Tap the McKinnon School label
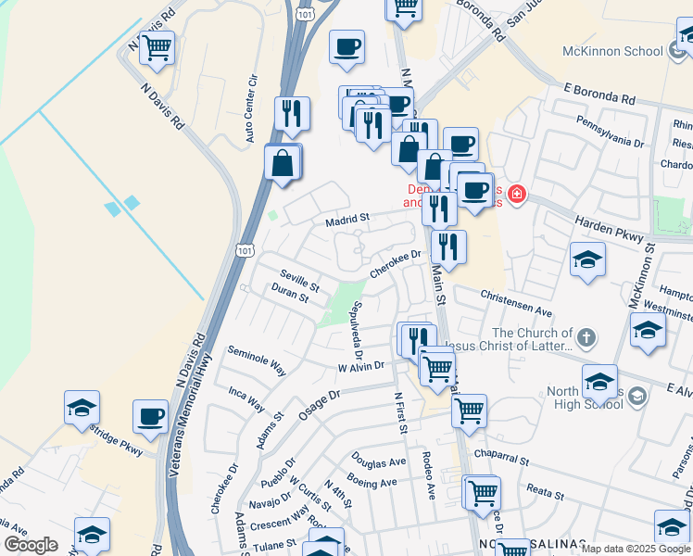[x=612, y=51]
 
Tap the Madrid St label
[x=347, y=220]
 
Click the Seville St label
[x=299, y=277]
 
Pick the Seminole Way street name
[x=257, y=360]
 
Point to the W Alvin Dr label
[x=360, y=367]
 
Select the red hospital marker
[x=515, y=196]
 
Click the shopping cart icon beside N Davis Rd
[x=157, y=47]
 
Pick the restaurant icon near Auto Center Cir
[x=292, y=114]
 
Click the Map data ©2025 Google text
[x=635, y=549]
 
